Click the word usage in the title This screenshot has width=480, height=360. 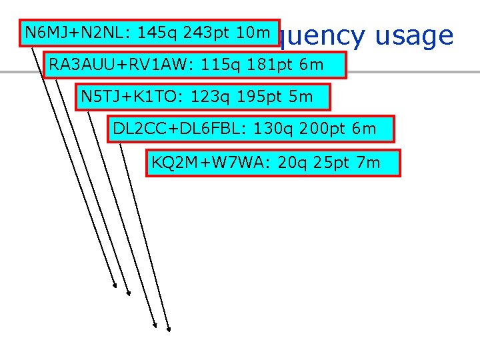point(414,36)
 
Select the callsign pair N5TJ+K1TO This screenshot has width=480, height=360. point(131,97)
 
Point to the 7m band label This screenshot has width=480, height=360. point(369,162)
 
